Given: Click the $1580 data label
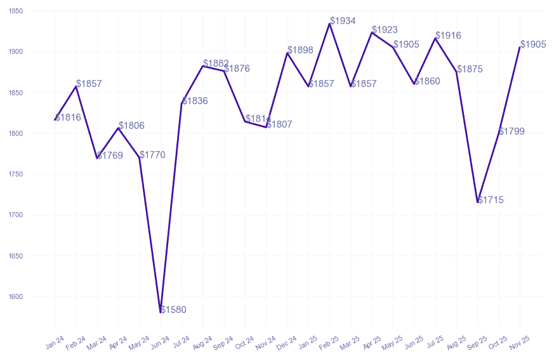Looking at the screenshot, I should point(173,310).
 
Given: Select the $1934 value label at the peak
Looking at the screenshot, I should point(343,21).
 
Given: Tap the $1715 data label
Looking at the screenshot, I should point(491,200).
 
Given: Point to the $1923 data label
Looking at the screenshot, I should point(385,30).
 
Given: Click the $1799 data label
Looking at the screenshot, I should point(511,131).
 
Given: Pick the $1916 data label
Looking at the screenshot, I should point(448,36).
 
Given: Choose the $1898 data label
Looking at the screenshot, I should point(300,50).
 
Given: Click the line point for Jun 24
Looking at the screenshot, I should point(161,312).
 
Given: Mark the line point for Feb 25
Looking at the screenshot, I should point(329,23).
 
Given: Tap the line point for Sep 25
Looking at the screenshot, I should point(478,202).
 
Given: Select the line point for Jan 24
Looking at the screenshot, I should point(55,119).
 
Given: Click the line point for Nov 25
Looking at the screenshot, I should point(520,47).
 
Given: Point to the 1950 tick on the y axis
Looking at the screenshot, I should point(16,11).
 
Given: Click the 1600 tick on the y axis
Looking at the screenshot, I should point(16,297).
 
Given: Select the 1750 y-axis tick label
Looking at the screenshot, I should point(16,174).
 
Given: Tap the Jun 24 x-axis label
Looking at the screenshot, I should point(160,343).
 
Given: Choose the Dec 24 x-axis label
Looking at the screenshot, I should point(287,343).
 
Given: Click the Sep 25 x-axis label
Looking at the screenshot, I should point(477,343).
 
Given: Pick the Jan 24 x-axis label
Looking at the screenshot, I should point(55,343).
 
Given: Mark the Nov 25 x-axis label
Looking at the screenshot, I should point(519,343).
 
